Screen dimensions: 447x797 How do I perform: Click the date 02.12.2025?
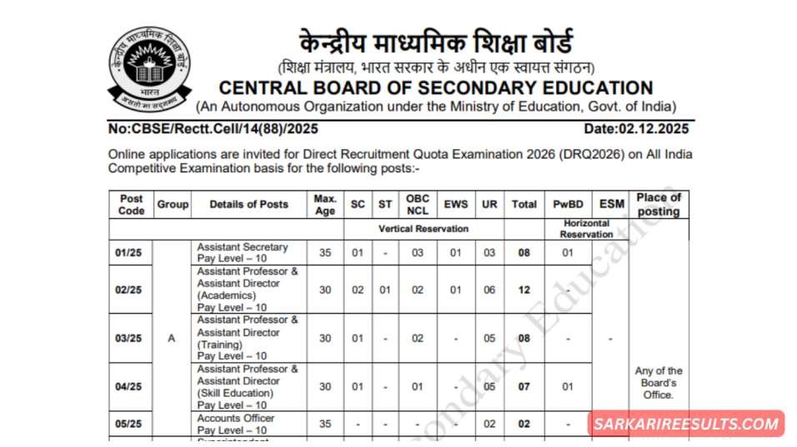pyautogui.click(x=636, y=129)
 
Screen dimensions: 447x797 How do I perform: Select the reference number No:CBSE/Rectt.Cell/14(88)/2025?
pyautogui.click(x=213, y=129)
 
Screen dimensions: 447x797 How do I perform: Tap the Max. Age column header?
pyautogui.click(x=325, y=204)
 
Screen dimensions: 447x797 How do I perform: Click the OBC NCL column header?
pyautogui.click(x=418, y=204)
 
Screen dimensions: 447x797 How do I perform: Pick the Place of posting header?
pyautogui.click(x=658, y=204)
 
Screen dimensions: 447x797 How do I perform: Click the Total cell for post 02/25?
pyautogui.click(x=524, y=290)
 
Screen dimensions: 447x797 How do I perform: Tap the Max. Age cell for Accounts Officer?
pyautogui.click(x=325, y=424)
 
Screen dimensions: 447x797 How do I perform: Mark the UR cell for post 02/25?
pyautogui.click(x=489, y=290)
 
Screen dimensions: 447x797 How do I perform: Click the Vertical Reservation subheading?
pyautogui.click(x=424, y=228)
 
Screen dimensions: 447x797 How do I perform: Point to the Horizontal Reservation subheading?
pyautogui.click(x=586, y=229)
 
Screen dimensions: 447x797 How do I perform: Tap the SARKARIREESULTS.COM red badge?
pyautogui.click(x=685, y=424)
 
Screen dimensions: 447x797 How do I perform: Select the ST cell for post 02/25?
pyautogui.click(x=384, y=290)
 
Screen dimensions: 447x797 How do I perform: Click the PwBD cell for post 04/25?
pyautogui.click(x=567, y=386)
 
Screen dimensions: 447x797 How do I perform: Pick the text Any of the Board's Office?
pyautogui.click(x=658, y=383)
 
